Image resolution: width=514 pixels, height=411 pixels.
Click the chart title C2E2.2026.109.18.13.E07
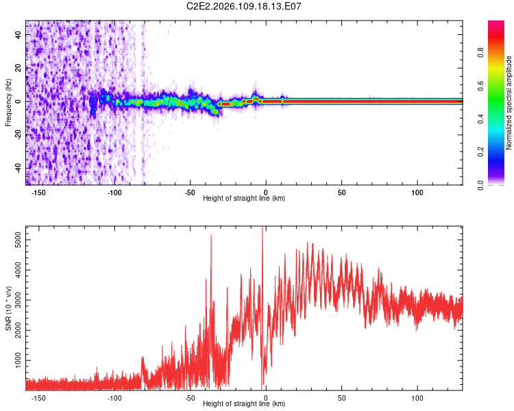coord(245,6)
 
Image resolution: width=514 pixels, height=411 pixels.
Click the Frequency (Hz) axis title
coord(8,103)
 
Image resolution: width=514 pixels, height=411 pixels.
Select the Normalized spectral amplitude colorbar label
coord(509,103)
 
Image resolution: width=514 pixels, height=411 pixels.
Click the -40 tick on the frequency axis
coord(16,168)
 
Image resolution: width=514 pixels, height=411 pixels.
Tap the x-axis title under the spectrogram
coord(244,199)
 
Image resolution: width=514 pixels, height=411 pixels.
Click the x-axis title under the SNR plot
coord(244,404)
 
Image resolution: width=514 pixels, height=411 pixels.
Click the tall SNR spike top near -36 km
coord(211,236)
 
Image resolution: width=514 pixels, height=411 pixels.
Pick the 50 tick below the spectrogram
coord(341,192)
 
